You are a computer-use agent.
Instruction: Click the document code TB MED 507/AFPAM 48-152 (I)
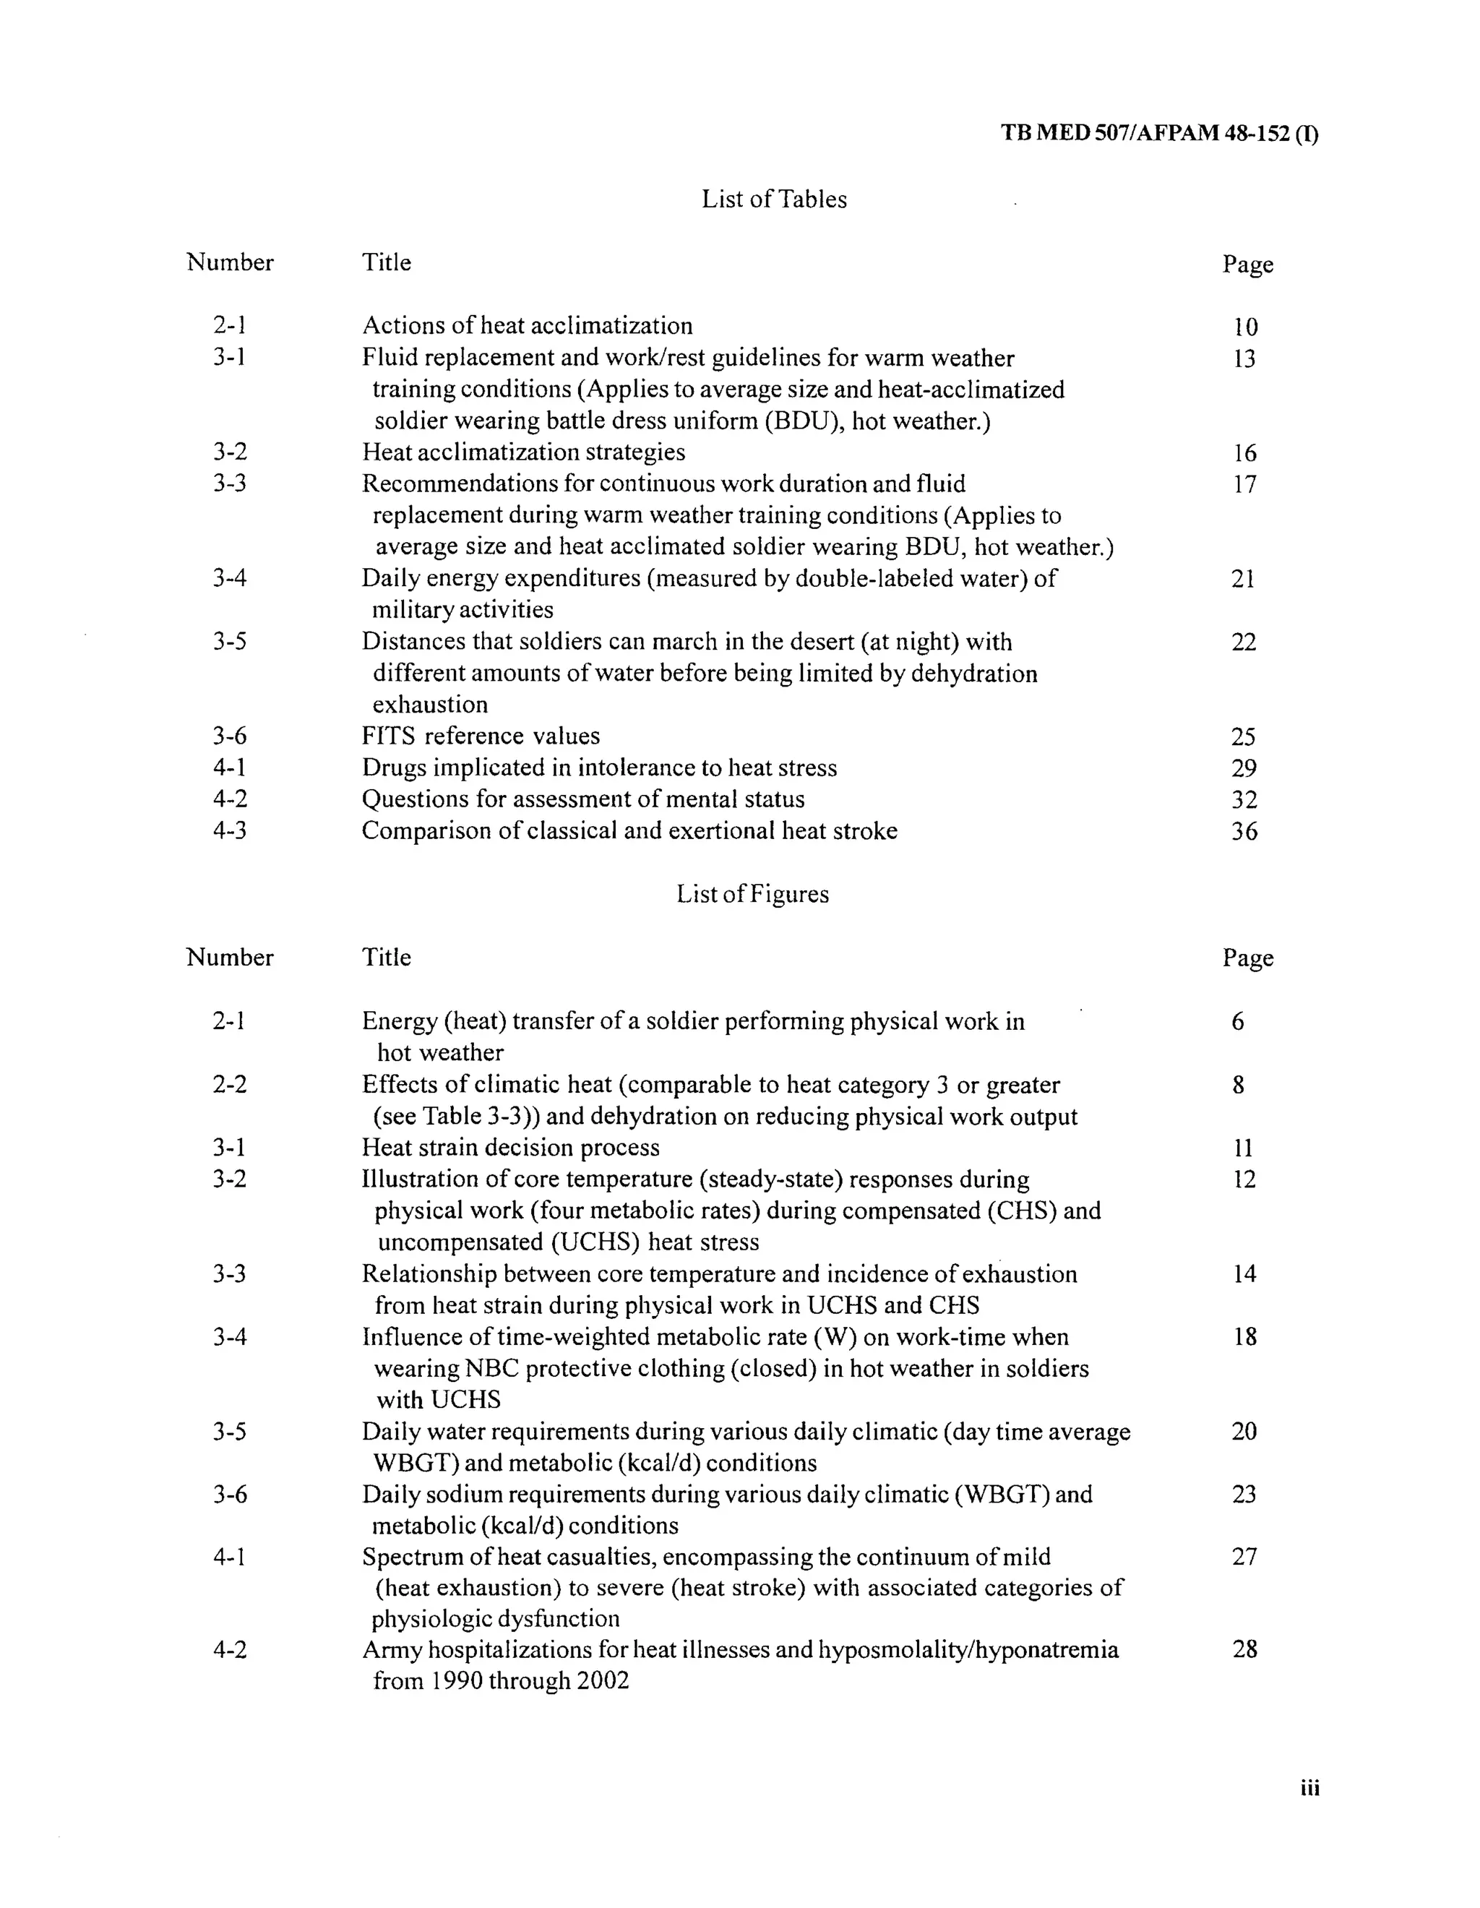click(x=1158, y=134)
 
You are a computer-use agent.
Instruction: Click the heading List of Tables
click(x=774, y=199)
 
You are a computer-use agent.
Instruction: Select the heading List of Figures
click(x=752, y=894)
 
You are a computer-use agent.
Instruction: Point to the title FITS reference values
click(x=481, y=736)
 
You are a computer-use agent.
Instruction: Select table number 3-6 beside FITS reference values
click(x=230, y=736)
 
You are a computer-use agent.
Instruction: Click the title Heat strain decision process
click(x=510, y=1147)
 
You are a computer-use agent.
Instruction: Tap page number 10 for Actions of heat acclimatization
click(x=1245, y=327)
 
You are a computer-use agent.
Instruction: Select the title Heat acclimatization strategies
click(x=523, y=452)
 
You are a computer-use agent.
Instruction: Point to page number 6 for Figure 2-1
click(x=1238, y=1021)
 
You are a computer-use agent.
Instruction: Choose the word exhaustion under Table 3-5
click(x=430, y=704)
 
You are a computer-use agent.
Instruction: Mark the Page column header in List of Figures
click(x=1247, y=958)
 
